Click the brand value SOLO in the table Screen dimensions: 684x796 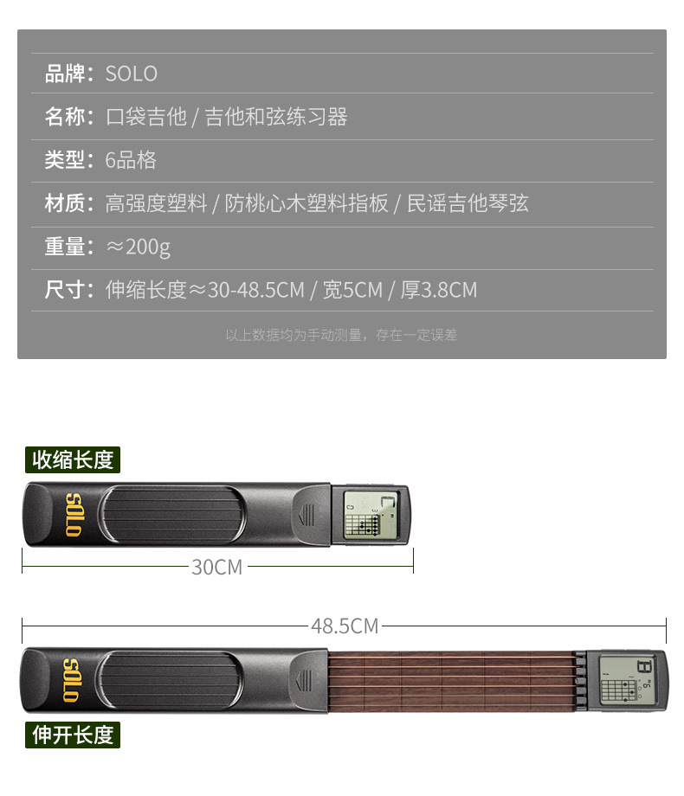(131, 74)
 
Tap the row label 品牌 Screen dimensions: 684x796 (65, 74)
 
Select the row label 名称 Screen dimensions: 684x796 (65, 117)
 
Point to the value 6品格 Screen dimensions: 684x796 (131, 160)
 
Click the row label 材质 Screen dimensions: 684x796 (65, 203)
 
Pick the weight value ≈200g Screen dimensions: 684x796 (138, 247)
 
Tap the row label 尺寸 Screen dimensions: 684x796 (65, 290)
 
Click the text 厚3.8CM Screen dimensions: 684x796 (439, 290)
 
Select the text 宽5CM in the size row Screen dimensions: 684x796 (352, 290)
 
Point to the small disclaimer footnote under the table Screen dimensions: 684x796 (341, 335)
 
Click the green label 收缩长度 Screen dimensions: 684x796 (73, 460)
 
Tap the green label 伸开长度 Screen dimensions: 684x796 (73, 735)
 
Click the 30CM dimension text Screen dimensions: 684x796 (217, 567)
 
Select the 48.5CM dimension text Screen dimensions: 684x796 (345, 626)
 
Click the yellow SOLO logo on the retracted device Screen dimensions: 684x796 (74, 515)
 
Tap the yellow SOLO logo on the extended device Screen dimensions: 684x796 (71, 681)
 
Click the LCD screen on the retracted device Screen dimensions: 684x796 (370, 515)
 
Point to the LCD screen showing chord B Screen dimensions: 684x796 (627, 680)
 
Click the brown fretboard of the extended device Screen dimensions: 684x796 (452, 681)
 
